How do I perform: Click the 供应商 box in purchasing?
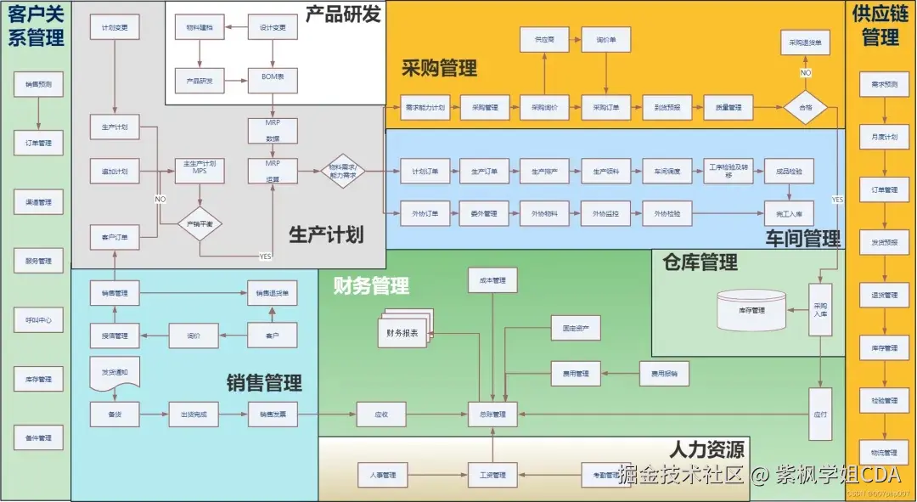(544, 40)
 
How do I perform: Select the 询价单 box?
(606, 40)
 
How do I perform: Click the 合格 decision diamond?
(805, 108)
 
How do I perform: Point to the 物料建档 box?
(200, 28)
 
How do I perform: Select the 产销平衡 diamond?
(200, 223)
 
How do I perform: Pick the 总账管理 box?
(492, 415)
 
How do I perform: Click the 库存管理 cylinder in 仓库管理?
(752, 311)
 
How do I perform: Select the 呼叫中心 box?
(39, 320)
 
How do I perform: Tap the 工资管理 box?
(492, 475)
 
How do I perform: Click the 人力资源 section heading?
(706, 449)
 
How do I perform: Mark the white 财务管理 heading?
(371, 285)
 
